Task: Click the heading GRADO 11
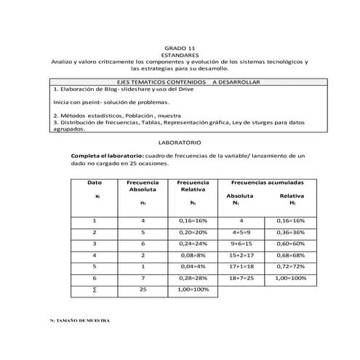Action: click(180, 45)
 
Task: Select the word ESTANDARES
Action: click(180, 54)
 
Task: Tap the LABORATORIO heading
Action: click(180, 145)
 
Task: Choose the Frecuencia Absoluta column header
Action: click(143, 185)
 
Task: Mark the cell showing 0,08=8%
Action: click(193, 255)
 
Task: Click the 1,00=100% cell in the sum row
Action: click(193, 289)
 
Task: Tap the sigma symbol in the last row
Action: click(95, 289)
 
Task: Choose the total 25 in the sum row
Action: click(143, 289)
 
